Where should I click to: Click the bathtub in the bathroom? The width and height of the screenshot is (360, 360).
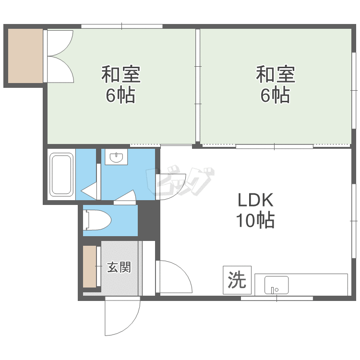[x=61, y=175]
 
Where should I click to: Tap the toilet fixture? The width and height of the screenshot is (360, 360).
[x=98, y=220]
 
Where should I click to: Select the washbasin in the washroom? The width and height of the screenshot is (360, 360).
[x=116, y=157]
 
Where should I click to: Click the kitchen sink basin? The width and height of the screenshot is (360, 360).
[x=276, y=285]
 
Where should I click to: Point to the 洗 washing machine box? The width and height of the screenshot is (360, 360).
[x=237, y=280]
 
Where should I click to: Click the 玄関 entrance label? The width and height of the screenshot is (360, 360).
[x=119, y=267]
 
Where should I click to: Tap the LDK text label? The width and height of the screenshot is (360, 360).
[x=255, y=200]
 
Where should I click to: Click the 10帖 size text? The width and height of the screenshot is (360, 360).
[x=255, y=220]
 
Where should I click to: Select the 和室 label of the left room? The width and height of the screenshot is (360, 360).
[x=121, y=74]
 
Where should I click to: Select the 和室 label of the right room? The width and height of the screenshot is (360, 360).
[x=276, y=74]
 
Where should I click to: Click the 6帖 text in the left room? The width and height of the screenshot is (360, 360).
[x=120, y=95]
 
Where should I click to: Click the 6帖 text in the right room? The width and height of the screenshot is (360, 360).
[x=275, y=95]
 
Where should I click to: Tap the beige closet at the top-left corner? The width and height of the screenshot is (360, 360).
[x=25, y=56]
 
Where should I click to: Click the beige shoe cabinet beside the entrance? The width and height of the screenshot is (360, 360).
[x=90, y=266]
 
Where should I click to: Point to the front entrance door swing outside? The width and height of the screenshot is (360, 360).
[x=122, y=316]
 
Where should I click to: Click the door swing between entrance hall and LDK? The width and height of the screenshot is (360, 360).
[x=174, y=276]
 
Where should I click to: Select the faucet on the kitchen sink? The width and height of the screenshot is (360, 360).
[x=273, y=290]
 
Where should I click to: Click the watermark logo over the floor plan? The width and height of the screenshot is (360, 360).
[x=180, y=180]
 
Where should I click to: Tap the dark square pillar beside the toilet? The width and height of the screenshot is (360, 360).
[x=146, y=220]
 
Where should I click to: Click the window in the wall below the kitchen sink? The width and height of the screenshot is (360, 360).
[x=276, y=298]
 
